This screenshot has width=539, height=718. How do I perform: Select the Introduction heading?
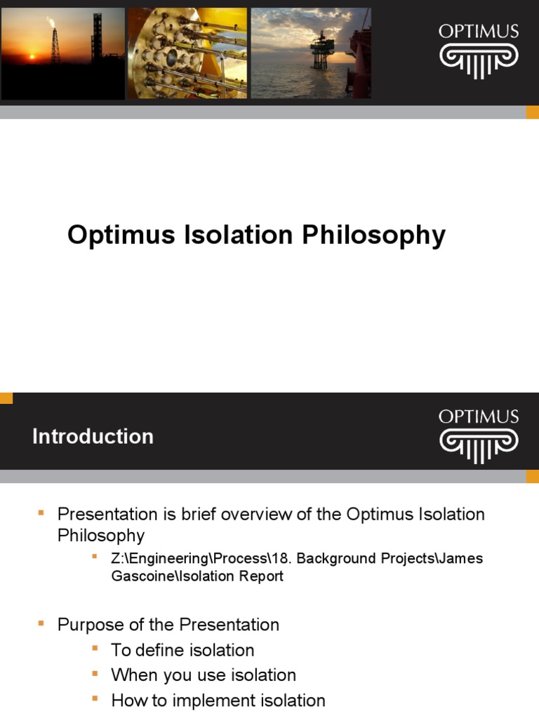pos(93,436)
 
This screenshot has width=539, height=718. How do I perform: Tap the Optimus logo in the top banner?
pos(479,52)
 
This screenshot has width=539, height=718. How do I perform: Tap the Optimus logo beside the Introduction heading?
pos(479,436)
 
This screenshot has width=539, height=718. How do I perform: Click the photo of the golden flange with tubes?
pos(187,53)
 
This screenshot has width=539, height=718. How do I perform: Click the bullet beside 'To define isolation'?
pos(95,649)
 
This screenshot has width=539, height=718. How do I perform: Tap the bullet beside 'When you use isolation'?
pos(95,674)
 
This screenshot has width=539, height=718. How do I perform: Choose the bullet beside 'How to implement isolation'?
pos(95,699)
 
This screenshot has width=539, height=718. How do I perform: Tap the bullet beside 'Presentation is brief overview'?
pos(41,514)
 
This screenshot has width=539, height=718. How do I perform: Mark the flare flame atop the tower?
pos(51,22)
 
